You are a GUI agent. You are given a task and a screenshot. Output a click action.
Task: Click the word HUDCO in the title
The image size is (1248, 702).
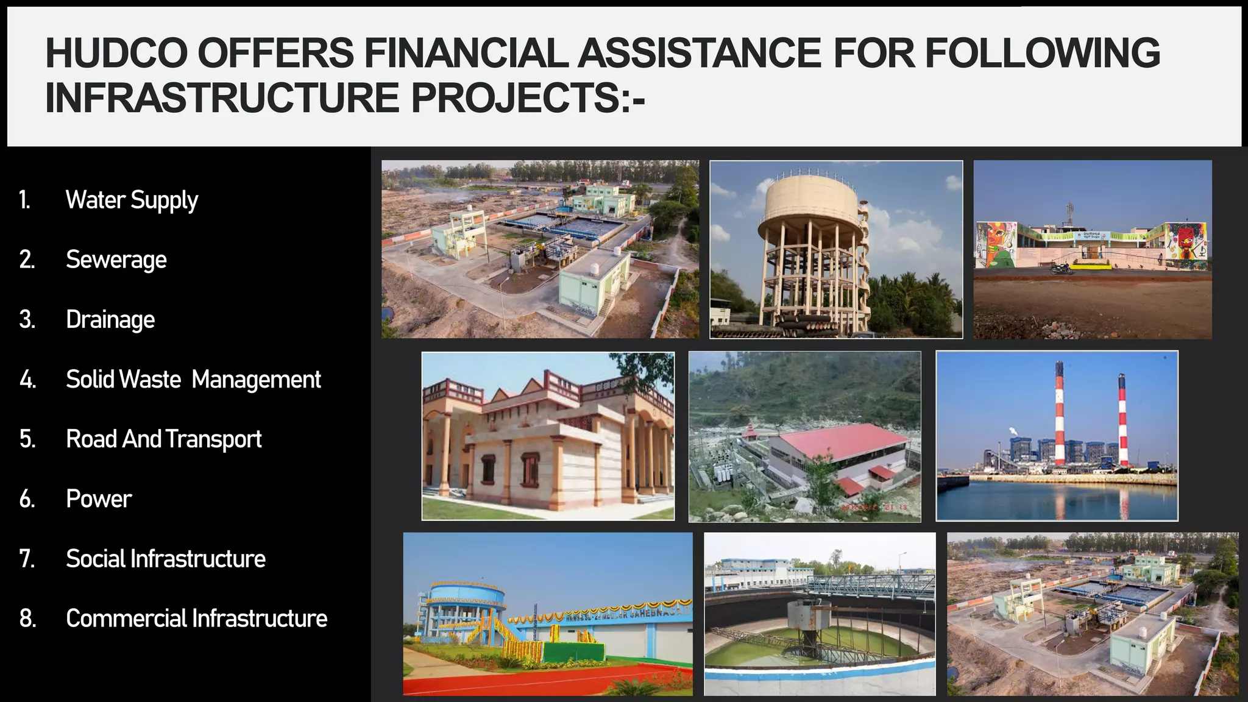tap(116, 52)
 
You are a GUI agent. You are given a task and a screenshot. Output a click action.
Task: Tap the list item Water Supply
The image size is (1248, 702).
tap(132, 200)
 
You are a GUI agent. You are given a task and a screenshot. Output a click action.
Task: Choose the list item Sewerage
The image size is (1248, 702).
tap(116, 260)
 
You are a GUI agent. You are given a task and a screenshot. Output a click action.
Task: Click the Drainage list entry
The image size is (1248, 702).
tap(110, 319)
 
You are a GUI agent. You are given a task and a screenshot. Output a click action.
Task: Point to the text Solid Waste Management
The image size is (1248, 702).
tap(193, 379)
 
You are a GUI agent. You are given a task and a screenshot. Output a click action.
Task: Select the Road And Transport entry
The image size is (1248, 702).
tap(163, 439)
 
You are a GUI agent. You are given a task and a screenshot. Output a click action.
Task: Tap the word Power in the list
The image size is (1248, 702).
tap(99, 498)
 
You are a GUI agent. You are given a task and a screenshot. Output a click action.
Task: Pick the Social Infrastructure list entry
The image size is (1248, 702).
tap(165, 558)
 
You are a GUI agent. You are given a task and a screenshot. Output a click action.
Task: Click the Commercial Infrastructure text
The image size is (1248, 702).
tap(196, 618)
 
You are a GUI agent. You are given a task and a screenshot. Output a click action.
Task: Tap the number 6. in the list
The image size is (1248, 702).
tap(27, 498)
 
